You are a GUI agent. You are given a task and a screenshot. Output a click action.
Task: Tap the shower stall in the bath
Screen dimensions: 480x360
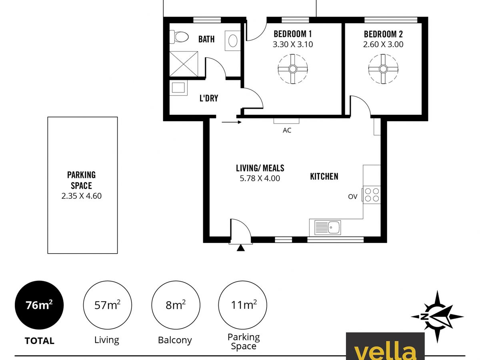[184, 64]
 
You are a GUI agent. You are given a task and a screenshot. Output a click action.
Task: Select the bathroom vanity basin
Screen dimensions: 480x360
[233, 41]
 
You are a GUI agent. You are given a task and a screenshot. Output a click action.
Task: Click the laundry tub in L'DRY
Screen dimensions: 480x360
[178, 88]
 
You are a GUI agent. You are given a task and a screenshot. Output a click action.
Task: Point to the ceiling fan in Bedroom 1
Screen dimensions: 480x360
[292, 69]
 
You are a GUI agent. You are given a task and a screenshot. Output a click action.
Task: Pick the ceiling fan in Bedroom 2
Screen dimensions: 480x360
[383, 69]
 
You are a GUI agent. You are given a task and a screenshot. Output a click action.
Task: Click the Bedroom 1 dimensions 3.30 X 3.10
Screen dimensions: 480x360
[292, 44]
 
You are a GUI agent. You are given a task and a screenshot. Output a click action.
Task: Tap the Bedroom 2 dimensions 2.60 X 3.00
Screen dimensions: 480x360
[383, 44]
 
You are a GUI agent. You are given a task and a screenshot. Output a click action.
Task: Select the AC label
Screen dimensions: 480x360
[287, 130]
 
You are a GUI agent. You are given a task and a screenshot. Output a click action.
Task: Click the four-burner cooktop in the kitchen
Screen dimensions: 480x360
[372, 195]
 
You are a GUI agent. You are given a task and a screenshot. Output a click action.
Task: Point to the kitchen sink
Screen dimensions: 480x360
[328, 227]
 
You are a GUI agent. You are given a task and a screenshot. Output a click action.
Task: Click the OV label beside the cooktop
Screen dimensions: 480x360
[352, 197]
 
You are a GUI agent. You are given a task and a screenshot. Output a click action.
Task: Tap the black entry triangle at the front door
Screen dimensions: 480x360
[240, 248]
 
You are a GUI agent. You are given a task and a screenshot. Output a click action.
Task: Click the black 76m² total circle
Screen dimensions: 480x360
[39, 305]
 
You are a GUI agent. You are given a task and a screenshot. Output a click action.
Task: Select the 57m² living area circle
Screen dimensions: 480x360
[107, 305]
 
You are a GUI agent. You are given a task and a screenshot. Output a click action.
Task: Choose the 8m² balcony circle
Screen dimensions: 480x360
[176, 305]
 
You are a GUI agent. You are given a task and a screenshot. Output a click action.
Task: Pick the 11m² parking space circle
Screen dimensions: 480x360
[242, 305]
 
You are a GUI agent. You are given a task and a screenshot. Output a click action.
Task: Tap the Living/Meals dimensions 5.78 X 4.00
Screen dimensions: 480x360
[260, 178]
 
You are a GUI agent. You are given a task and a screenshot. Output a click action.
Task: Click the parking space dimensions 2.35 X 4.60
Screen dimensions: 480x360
[82, 196]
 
